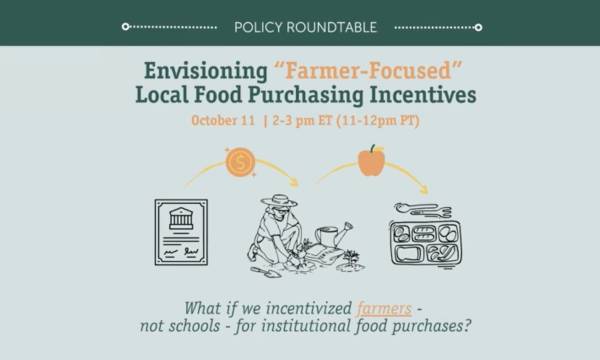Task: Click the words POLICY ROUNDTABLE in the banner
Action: coord(301,26)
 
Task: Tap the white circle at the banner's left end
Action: coord(125,27)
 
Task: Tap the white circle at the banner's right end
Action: coord(478,27)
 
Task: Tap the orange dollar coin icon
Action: coord(240,162)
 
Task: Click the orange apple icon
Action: coord(371,160)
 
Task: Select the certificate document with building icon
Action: coord(181,232)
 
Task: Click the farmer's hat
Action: coord(278,201)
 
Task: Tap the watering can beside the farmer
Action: coord(333,235)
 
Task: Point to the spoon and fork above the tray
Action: coord(422,209)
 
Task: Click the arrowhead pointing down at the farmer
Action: coord(292,182)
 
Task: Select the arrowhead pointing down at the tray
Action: coord(422,188)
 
